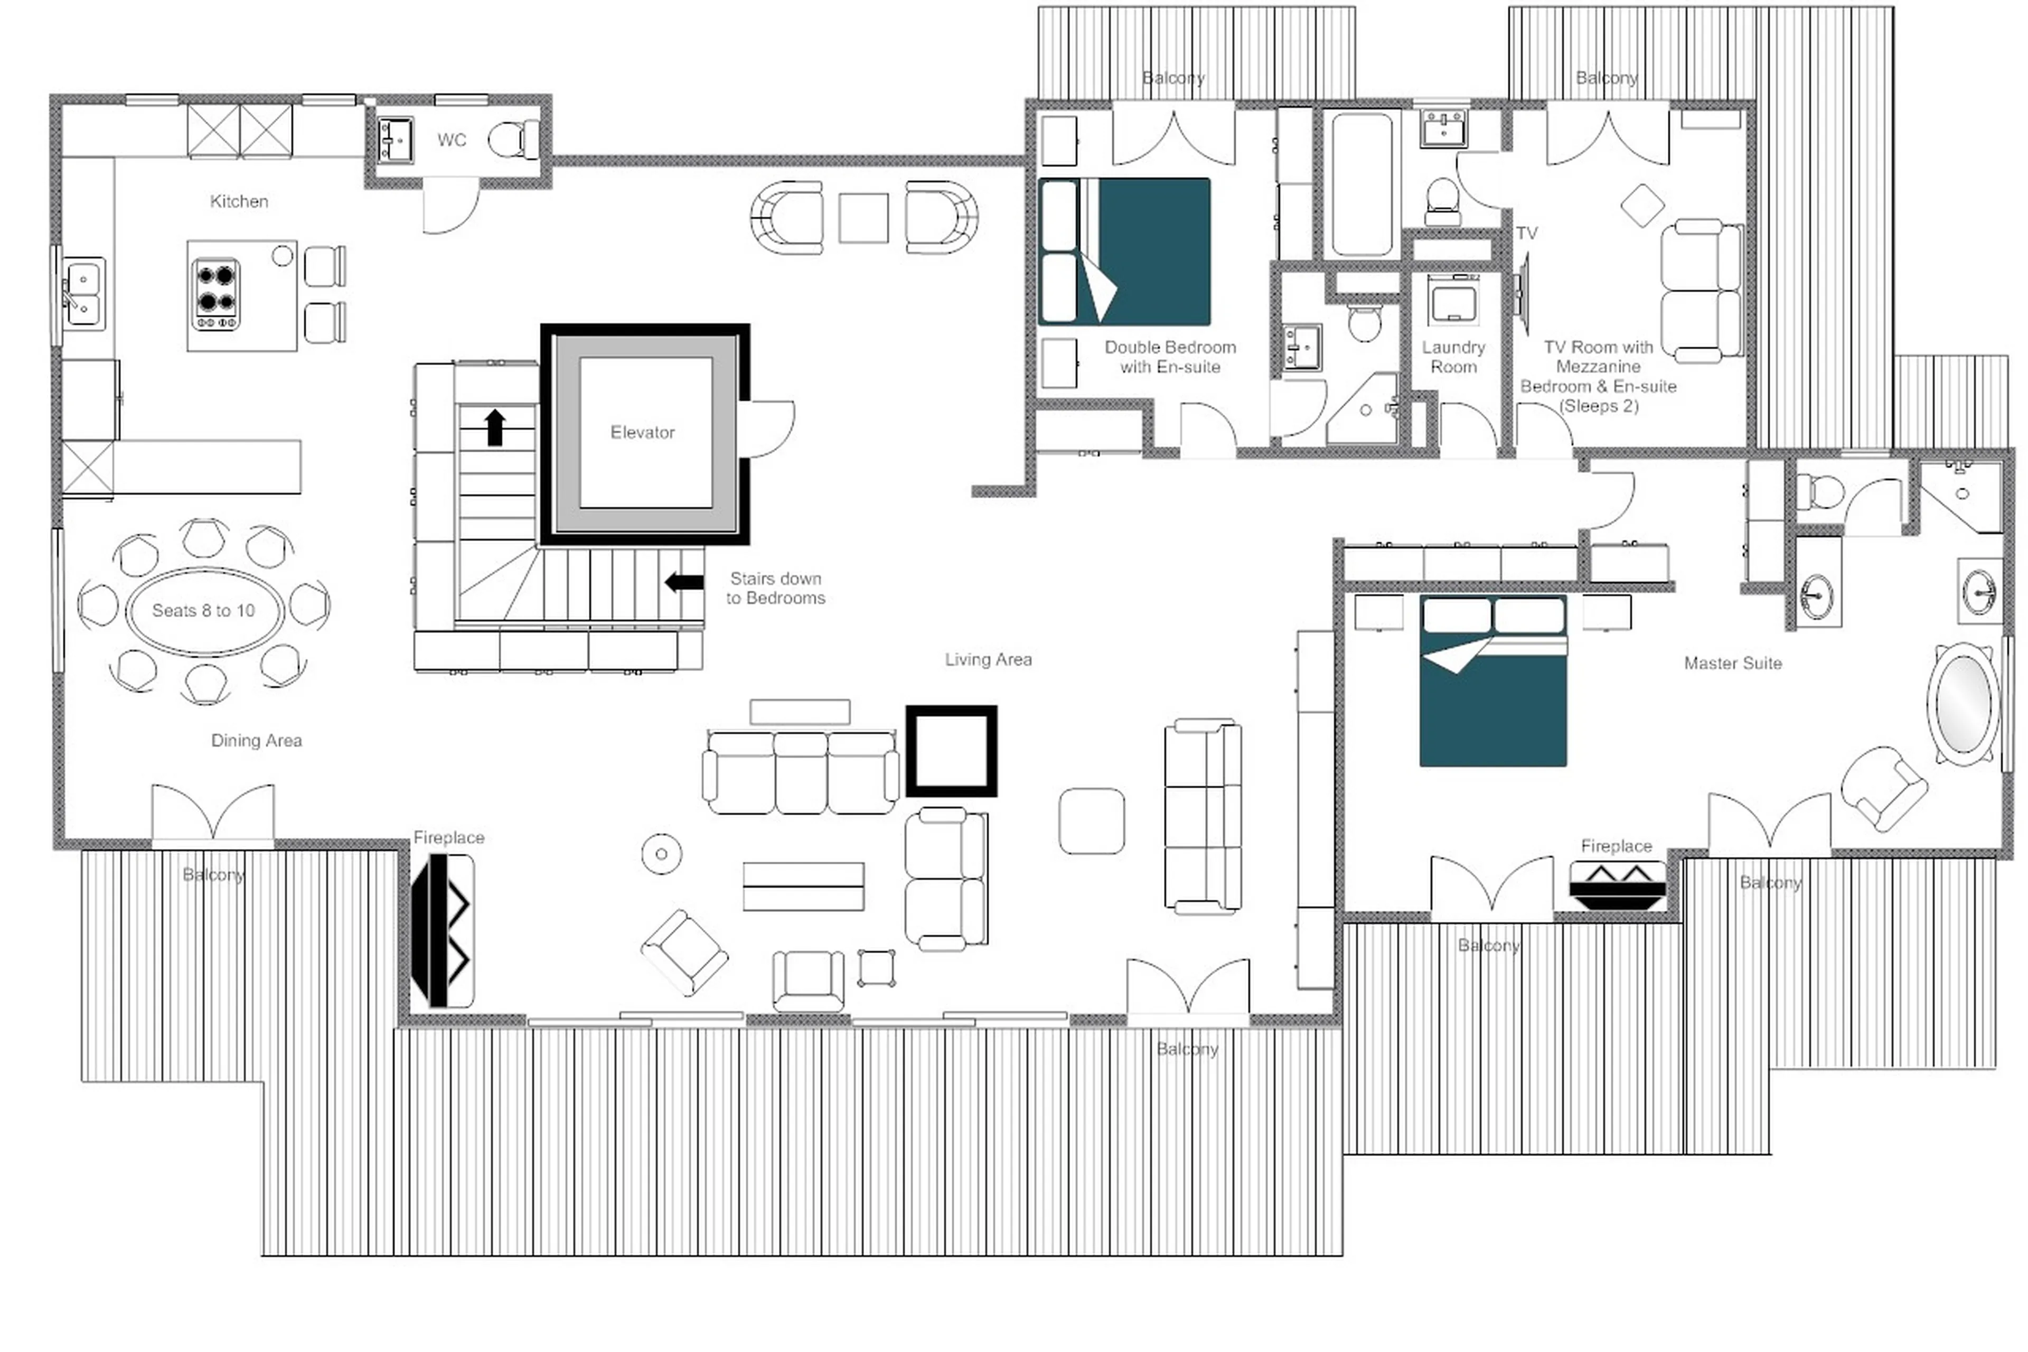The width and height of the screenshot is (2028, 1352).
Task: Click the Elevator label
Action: point(642,432)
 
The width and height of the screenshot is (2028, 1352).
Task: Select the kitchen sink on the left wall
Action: point(83,293)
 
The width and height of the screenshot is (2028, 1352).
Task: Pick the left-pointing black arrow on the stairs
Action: point(684,582)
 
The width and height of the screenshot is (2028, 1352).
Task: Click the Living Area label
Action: point(988,659)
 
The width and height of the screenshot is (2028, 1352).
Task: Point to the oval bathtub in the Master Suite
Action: point(1963,704)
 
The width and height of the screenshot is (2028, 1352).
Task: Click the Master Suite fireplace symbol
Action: point(1616,884)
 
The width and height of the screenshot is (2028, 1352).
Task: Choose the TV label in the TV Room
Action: point(1526,233)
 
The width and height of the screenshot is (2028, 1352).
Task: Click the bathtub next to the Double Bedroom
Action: point(1361,184)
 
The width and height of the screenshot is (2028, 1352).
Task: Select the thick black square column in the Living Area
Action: point(951,750)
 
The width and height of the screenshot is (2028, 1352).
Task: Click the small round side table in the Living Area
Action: point(661,854)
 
